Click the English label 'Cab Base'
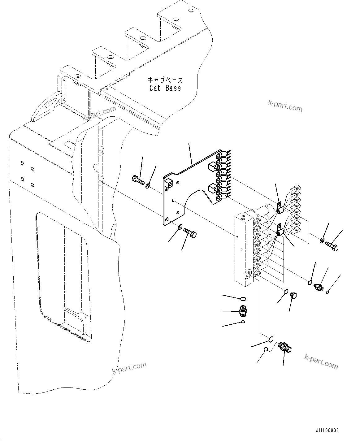[165, 88]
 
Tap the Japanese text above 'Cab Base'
[165, 80]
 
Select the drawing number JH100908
[327, 431]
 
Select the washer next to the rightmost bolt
[322, 240]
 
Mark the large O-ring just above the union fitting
[243, 298]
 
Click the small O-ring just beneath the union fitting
[243, 322]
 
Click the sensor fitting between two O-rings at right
[318, 287]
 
